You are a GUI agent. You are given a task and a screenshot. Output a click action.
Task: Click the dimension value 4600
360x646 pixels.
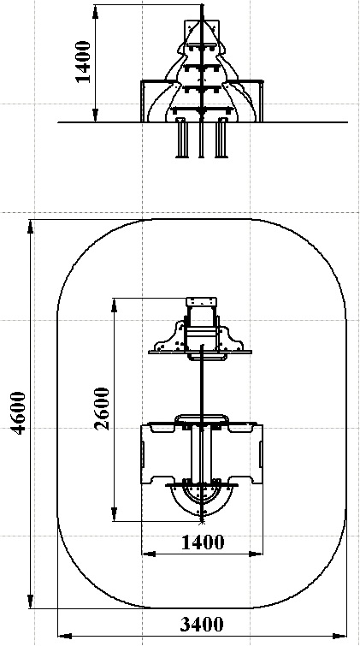coord(19,412)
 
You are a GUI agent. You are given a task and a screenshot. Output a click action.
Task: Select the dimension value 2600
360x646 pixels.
coord(102,409)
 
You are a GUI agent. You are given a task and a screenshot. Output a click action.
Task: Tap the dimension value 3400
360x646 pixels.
coord(202,624)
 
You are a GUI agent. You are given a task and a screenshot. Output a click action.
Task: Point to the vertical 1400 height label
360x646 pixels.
coord(84,62)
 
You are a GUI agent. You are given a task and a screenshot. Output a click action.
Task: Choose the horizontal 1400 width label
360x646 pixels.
coord(203,542)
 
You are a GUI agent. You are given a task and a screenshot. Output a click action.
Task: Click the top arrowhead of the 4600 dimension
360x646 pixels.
coord(30,227)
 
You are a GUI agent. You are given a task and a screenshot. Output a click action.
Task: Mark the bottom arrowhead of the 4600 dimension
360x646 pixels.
coord(30,602)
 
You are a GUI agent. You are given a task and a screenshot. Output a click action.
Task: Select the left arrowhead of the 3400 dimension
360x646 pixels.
coord(65,636)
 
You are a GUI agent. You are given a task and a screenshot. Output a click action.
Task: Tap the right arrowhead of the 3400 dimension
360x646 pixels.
coord(339,636)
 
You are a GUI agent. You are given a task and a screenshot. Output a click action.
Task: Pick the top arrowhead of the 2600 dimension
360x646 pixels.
coord(115,305)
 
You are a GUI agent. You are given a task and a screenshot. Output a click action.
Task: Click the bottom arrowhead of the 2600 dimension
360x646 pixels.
coord(115,514)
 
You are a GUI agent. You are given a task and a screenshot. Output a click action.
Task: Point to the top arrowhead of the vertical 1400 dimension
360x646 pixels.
coord(95,11)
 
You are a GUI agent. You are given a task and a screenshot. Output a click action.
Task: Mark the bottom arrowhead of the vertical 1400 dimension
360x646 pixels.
coord(95,116)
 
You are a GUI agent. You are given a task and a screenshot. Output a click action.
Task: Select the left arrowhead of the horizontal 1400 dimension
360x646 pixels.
coord(149,554)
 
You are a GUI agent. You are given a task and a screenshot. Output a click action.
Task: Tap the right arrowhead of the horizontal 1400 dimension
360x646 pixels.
coord(256,554)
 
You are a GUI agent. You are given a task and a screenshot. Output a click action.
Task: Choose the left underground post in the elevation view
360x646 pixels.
coord(181,138)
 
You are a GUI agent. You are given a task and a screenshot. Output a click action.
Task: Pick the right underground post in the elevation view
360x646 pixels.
coord(221,138)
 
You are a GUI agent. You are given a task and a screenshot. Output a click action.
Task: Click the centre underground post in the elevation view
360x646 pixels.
coord(202,139)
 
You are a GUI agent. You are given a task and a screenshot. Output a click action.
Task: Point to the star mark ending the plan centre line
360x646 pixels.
coord(202,522)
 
